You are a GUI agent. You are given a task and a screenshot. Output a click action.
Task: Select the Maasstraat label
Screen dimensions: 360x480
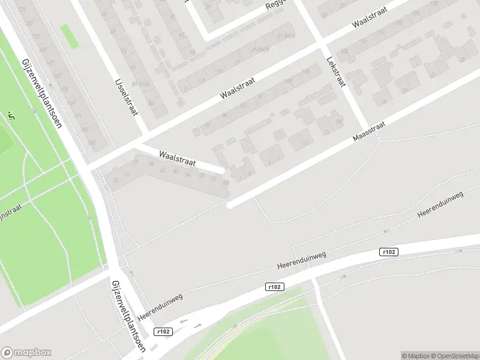[368, 129]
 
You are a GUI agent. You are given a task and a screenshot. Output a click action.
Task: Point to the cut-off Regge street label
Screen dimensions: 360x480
[277, 5]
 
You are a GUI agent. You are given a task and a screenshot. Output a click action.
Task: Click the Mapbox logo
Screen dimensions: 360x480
[26, 353]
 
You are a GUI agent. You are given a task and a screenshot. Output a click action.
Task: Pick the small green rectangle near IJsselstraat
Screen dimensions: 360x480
[70, 37]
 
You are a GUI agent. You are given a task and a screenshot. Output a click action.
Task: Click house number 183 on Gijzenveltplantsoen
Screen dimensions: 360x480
[92, 142]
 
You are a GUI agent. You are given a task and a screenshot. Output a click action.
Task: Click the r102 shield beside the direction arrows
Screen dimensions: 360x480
[163, 332]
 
